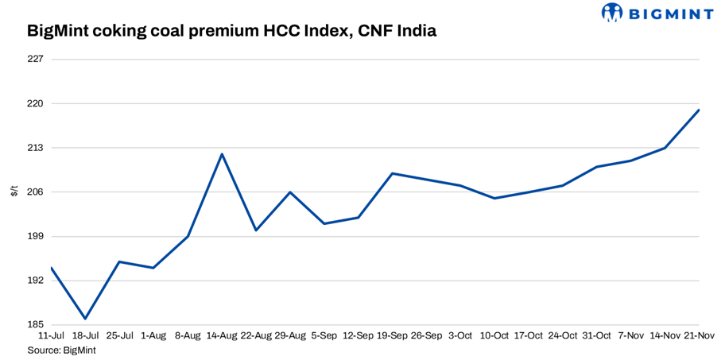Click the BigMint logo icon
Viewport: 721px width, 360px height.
click(x=612, y=12)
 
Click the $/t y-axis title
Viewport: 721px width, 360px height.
click(x=14, y=191)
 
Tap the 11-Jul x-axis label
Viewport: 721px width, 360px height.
click(x=51, y=336)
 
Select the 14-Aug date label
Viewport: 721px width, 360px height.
click(x=222, y=336)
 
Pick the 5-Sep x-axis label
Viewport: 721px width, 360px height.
click(x=324, y=336)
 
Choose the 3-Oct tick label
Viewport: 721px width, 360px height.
click(x=460, y=336)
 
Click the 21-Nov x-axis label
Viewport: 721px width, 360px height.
click(x=699, y=336)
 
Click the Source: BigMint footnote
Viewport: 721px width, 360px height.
click(x=62, y=350)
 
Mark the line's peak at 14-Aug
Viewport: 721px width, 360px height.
click(x=222, y=154)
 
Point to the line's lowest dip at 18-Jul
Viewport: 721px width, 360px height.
click(x=85, y=319)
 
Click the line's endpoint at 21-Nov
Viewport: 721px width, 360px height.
click(x=699, y=110)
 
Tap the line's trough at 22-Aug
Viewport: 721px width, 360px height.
click(x=256, y=230)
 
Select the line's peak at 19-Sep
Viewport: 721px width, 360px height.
click(x=393, y=173)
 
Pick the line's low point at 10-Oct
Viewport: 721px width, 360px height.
click(x=494, y=198)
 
